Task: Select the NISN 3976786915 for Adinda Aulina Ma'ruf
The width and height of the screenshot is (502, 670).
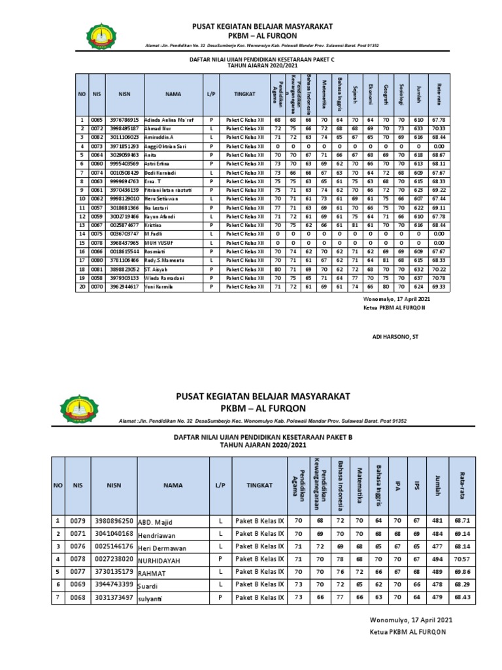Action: [x=125, y=120]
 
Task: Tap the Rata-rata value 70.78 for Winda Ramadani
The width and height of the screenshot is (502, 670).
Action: [x=439, y=277]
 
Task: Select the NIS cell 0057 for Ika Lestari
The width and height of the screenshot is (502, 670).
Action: [x=97, y=207]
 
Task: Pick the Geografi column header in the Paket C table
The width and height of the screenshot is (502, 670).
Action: [x=386, y=94]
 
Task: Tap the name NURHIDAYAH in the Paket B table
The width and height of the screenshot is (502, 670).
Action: [x=159, y=561]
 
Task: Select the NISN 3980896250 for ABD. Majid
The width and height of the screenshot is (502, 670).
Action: [x=115, y=521]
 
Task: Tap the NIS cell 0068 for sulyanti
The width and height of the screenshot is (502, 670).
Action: [x=78, y=597]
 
